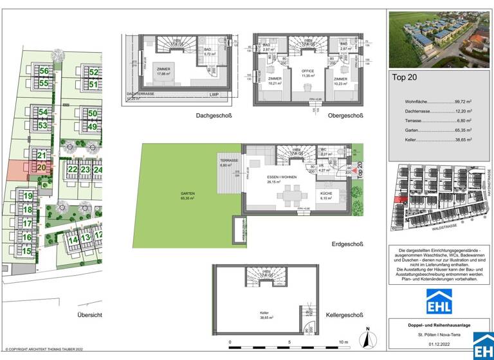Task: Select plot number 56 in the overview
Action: [x=43, y=71]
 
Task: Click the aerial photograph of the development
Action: [x=440, y=39]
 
